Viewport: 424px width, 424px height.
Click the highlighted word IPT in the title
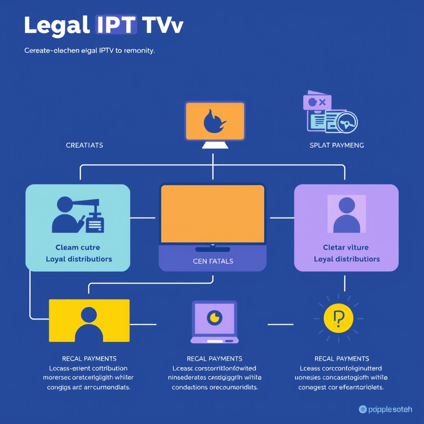coord(116,26)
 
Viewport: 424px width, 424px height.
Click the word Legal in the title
coord(57,26)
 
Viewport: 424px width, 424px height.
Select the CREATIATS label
coord(84,145)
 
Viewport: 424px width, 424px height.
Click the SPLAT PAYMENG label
coord(337,145)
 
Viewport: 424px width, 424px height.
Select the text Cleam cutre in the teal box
coord(78,247)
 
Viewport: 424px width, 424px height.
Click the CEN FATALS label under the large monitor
coord(213,261)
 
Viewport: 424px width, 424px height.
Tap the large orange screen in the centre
coord(212,214)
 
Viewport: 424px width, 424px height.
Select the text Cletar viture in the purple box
coord(346,247)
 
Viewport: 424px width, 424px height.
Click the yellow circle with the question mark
coord(338,318)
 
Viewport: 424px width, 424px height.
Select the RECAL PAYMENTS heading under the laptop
coord(214,359)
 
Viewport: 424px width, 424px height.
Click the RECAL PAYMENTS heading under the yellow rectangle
coord(89,359)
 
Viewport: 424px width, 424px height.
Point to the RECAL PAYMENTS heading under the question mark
coord(342,359)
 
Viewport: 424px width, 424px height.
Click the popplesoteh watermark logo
coord(385,410)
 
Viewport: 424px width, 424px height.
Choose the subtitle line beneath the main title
coord(89,51)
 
